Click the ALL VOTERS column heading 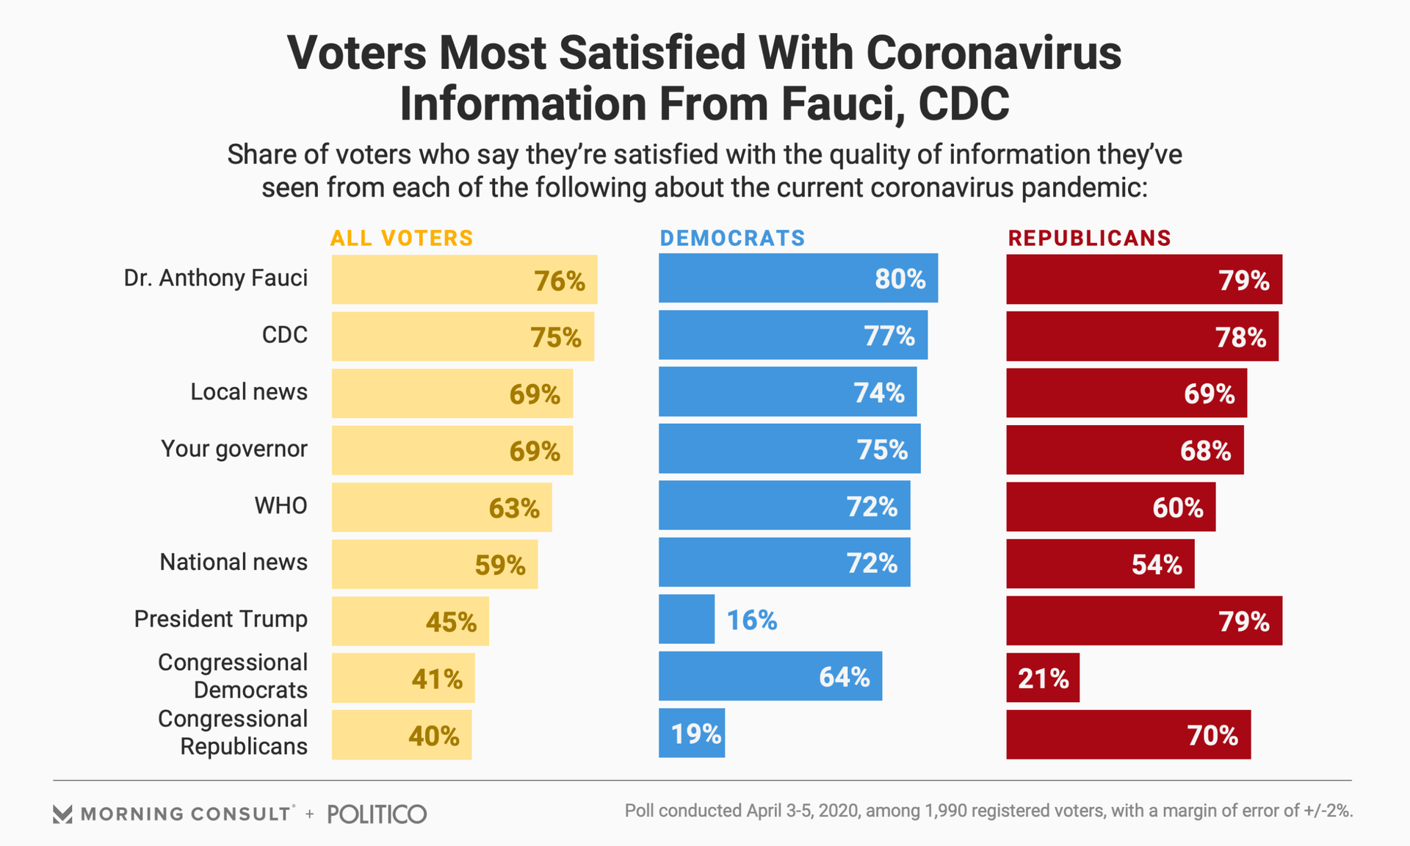click(402, 239)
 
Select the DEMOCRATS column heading click(732, 239)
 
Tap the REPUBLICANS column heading click(1089, 239)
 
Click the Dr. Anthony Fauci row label click(216, 278)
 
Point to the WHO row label click(281, 506)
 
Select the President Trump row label click(220, 619)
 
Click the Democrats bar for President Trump click(686, 619)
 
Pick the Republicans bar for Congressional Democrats click(1042, 677)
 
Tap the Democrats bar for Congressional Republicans click(691, 733)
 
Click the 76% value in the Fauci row click(560, 281)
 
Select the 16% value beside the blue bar click(752, 621)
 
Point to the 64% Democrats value click(845, 677)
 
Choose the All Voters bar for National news click(434, 564)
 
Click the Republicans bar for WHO click(1110, 507)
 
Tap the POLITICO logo click(377, 814)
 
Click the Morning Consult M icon click(62, 814)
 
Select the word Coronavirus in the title click(994, 54)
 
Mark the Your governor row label click(234, 449)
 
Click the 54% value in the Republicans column click(1157, 565)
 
